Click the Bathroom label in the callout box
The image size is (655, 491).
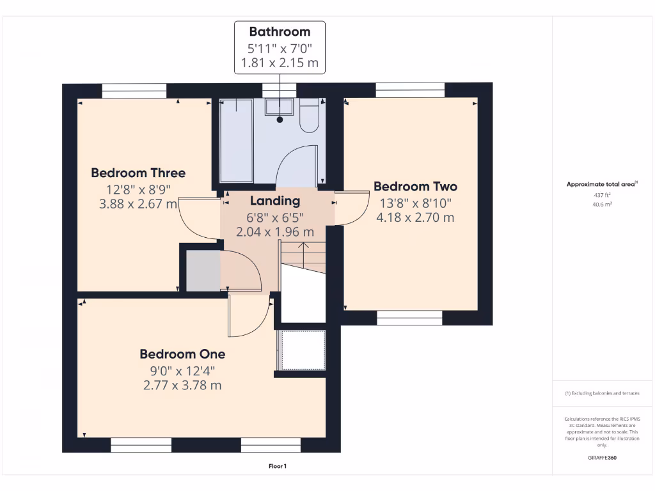(280, 31)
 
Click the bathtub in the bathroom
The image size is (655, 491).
(236, 141)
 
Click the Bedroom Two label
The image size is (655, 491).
(415, 187)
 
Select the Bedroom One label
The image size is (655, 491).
(182, 354)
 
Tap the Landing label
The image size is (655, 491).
(275, 201)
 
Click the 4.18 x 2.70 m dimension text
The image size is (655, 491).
(415, 217)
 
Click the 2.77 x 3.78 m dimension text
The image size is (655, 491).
(182, 385)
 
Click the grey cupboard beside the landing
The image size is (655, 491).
(203, 271)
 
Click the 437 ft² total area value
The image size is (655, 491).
(601, 194)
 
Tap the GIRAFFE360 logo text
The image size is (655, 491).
(602, 458)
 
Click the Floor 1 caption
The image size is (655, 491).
(278, 467)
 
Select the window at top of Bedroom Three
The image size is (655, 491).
(134, 91)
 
